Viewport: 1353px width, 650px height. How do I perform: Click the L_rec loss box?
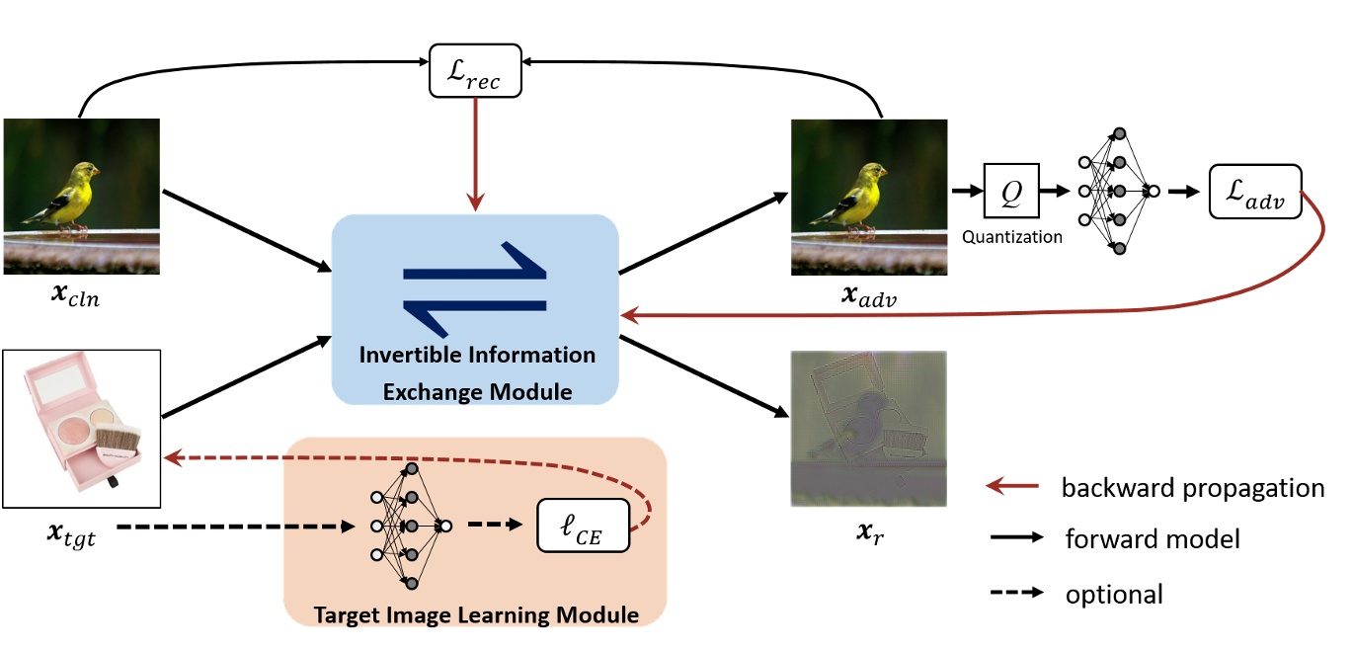(475, 70)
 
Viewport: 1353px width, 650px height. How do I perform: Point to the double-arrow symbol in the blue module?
(474, 283)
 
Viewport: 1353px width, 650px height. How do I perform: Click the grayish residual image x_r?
(869, 429)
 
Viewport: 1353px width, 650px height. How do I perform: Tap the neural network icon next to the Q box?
(1119, 191)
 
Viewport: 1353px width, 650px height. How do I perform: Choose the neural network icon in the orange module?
(410, 526)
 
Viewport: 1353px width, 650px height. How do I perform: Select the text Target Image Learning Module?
(476, 614)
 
